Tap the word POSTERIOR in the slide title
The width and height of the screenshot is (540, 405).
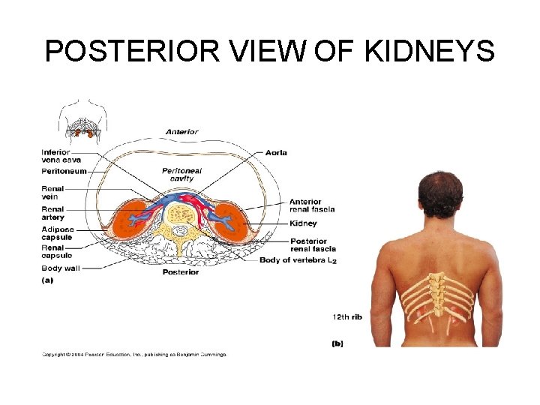(x=132, y=52)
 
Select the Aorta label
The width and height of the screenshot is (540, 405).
(x=276, y=153)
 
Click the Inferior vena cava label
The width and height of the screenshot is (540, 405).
(x=61, y=157)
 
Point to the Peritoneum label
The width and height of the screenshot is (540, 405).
(x=64, y=172)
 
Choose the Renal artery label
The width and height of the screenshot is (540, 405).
(x=52, y=213)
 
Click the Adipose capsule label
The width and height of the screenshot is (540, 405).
(x=57, y=233)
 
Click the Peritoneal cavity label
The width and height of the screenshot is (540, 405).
(x=181, y=175)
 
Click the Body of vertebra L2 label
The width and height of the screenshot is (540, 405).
(x=298, y=260)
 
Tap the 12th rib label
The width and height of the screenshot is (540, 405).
(x=346, y=317)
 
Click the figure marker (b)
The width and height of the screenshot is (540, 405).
(x=339, y=343)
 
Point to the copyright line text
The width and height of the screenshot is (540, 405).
(x=133, y=354)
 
